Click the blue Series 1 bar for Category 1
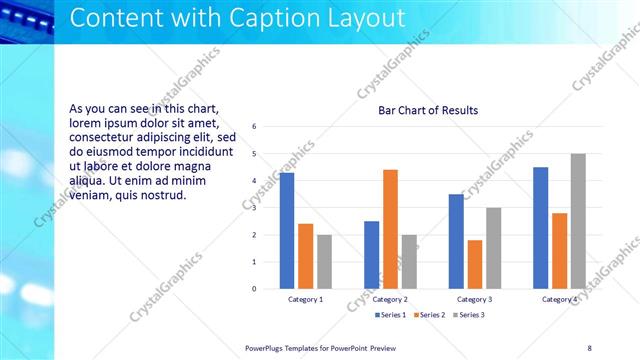coord(287,231)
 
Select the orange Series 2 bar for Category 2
coord(390,229)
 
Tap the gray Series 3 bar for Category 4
coord(578,221)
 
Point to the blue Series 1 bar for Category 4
coord(541,228)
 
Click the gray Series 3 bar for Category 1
coord(325,262)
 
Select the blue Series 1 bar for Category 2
coord(371,255)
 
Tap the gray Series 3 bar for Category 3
coord(494,248)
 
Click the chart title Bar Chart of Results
coord(428,111)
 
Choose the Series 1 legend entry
coord(391,315)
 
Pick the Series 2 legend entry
coord(430,315)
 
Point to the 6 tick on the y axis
coord(255,127)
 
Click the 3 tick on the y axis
coord(255,208)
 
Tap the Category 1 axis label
coord(306,299)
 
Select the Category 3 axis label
coord(475,299)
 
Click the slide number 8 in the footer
coord(589,347)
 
